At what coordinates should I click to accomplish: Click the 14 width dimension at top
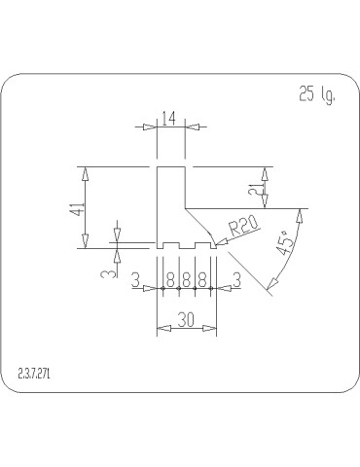point(169,119)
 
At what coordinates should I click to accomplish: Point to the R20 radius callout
point(242,229)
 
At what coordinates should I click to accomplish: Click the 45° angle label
point(284,243)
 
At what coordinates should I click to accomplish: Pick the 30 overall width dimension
point(186,319)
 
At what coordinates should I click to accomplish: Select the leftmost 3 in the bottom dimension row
point(136,280)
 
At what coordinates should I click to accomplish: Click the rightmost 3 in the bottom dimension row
point(236,280)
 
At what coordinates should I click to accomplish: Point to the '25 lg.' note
point(312,95)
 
